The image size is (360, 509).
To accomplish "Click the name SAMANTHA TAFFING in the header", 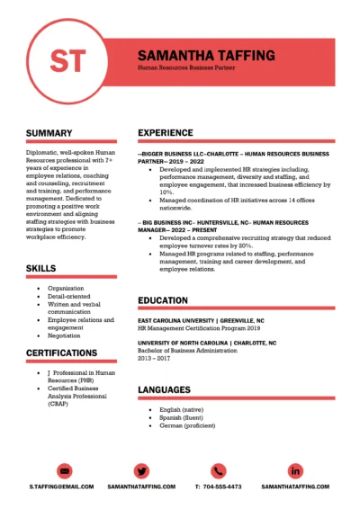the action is (206, 55).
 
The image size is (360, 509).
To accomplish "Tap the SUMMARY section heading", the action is (49, 133).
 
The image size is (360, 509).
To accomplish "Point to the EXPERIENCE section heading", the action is (165, 133).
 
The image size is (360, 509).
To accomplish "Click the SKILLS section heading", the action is (41, 268).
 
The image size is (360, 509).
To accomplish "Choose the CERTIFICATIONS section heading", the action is (62, 353).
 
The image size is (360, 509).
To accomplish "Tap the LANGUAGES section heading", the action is (164, 389).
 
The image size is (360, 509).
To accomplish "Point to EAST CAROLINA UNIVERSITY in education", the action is (175, 320).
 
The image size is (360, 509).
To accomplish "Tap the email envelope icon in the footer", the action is (64, 470).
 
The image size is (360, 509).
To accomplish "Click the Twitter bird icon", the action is (141, 470).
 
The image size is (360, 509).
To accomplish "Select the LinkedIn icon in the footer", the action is (295, 470).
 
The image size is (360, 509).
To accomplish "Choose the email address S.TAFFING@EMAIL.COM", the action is (61, 487).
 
